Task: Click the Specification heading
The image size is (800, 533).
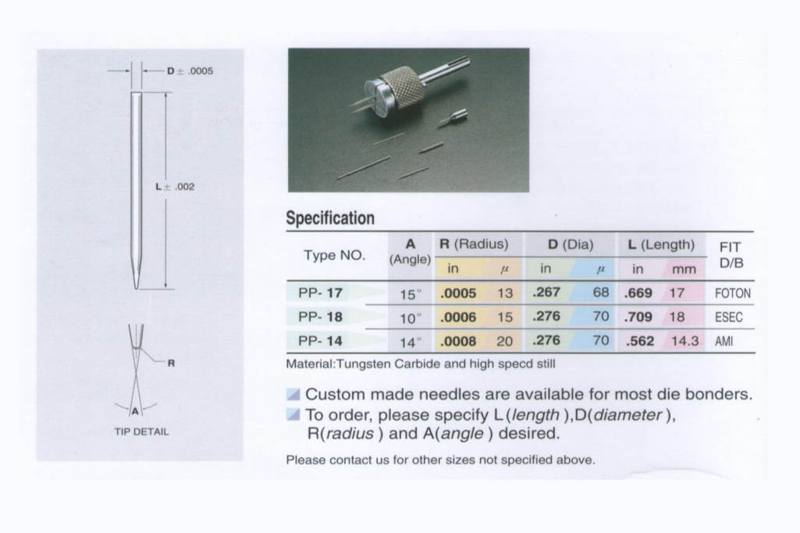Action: pyautogui.click(x=330, y=218)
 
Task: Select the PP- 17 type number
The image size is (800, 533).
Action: pyautogui.click(x=320, y=293)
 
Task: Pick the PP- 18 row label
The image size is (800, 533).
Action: pyautogui.click(x=320, y=317)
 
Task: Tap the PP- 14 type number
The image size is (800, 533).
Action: pyautogui.click(x=320, y=341)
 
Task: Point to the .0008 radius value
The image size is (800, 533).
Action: pyautogui.click(x=458, y=341)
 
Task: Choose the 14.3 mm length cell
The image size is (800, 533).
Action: pyautogui.click(x=684, y=341)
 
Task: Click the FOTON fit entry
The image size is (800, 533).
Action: pyautogui.click(x=732, y=294)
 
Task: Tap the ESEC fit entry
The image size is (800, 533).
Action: pyautogui.click(x=728, y=318)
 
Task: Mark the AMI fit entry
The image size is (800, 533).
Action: pyautogui.click(x=724, y=341)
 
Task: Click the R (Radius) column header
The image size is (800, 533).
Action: pyautogui.click(x=474, y=244)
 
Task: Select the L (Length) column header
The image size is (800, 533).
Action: pyautogui.click(x=661, y=244)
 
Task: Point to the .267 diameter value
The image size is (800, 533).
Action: pyautogui.click(x=546, y=293)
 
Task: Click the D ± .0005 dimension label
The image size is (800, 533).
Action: pyautogui.click(x=190, y=71)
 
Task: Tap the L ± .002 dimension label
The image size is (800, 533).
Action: pyautogui.click(x=175, y=187)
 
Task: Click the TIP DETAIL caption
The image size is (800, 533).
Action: pyautogui.click(x=141, y=432)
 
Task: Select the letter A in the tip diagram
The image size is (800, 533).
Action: pyautogui.click(x=135, y=410)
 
